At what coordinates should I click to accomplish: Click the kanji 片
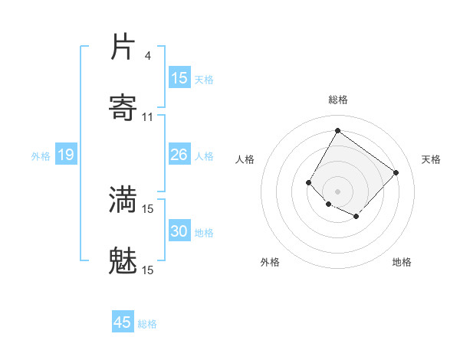point(123,47)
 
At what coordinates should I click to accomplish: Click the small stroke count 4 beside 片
point(148,56)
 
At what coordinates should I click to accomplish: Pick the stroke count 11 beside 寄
point(148,116)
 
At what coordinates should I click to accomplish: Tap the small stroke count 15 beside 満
point(148,208)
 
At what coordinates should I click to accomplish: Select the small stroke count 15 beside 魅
point(148,270)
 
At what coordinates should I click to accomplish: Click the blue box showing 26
point(179,155)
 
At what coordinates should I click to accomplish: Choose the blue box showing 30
point(179,231)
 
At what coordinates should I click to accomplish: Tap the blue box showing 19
point(65,155)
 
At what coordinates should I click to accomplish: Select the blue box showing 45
point(123,322)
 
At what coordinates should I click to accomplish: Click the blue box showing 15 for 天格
point(179,78)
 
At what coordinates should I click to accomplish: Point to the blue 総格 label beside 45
point(147,324)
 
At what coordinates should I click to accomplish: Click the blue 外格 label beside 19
point(41,156)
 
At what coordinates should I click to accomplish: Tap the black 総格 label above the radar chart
point(337,100)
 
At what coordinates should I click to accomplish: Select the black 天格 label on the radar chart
point(431,159)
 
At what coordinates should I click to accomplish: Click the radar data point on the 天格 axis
point(396,172)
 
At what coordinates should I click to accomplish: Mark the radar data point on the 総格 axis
point(337,131)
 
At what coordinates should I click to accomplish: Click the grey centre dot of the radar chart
point(337,191)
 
